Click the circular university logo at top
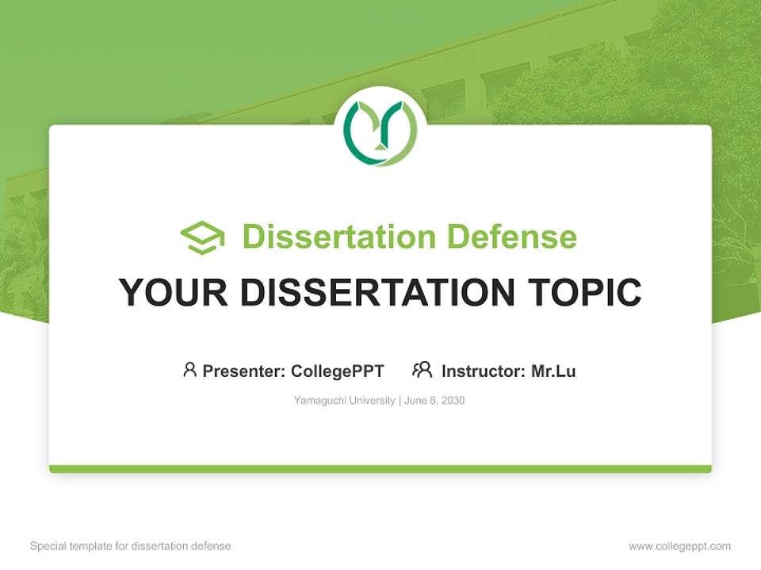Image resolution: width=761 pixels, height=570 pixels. click(x=380, y=132)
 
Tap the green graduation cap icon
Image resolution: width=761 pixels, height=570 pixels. click(x=202, y=237)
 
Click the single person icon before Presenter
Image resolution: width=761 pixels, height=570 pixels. click(x=189, y=370)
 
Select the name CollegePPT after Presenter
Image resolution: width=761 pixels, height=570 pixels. click(x=338, y=370)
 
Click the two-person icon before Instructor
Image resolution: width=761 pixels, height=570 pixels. click(x=423, y=370)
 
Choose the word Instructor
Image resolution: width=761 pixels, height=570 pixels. click(x=482, y=370)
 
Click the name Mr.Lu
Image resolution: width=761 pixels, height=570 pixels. click(x=553, y=370)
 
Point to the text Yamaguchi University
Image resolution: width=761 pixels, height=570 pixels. click(x=344, y=401)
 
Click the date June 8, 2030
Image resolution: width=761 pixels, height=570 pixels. click(x=434, y=401)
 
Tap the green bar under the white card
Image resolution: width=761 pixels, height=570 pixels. click(x=380, y=469)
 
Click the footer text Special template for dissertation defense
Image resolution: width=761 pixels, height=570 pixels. click(x=131, y=546)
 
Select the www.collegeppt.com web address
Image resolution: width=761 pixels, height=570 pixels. click(x=679, y=546)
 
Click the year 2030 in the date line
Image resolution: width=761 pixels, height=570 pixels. click(x=453, y=401)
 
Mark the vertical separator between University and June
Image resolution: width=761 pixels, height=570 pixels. click(x=400, y=401)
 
